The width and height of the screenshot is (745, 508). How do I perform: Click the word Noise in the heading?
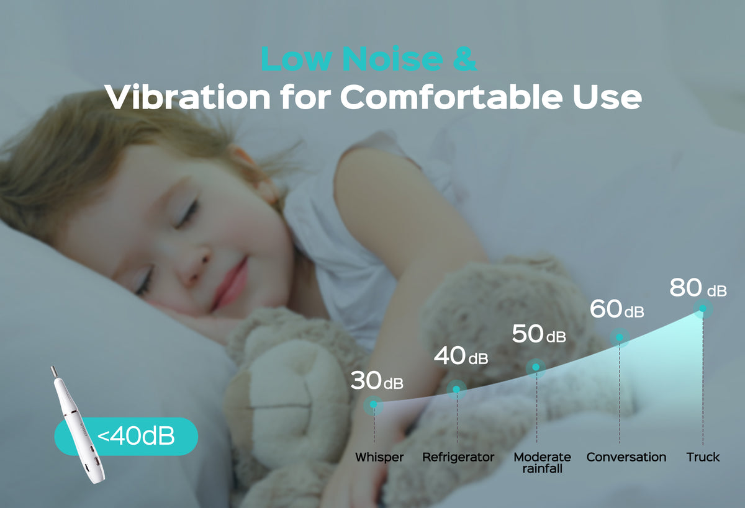point(392,58)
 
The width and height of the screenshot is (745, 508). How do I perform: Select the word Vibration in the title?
point(188,96)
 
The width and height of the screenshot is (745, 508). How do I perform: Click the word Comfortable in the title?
point(451,96)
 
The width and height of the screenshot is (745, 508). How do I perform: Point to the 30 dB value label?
point(377,380)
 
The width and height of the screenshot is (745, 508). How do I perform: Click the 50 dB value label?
point(539,334)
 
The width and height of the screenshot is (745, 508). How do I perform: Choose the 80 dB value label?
point(698,288)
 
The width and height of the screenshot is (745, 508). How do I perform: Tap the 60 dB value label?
point(617,309)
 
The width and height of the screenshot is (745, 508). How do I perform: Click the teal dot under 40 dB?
point(456,390)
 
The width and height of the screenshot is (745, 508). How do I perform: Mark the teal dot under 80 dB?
point(703,309)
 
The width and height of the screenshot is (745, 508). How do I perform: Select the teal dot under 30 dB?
point(374,404)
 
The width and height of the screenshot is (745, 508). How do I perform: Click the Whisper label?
point(379,458)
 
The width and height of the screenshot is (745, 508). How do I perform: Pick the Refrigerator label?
point(458,458)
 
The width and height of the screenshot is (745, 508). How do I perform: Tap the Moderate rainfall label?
point(542,463)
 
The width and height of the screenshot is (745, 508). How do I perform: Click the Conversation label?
point(626,457)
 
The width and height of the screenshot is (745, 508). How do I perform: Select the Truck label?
point(703,457)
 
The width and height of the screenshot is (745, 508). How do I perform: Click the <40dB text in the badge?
point(136,436)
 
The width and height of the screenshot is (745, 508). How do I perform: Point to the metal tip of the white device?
point(53,372)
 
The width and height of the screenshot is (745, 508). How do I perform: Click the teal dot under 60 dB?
point(620,337)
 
